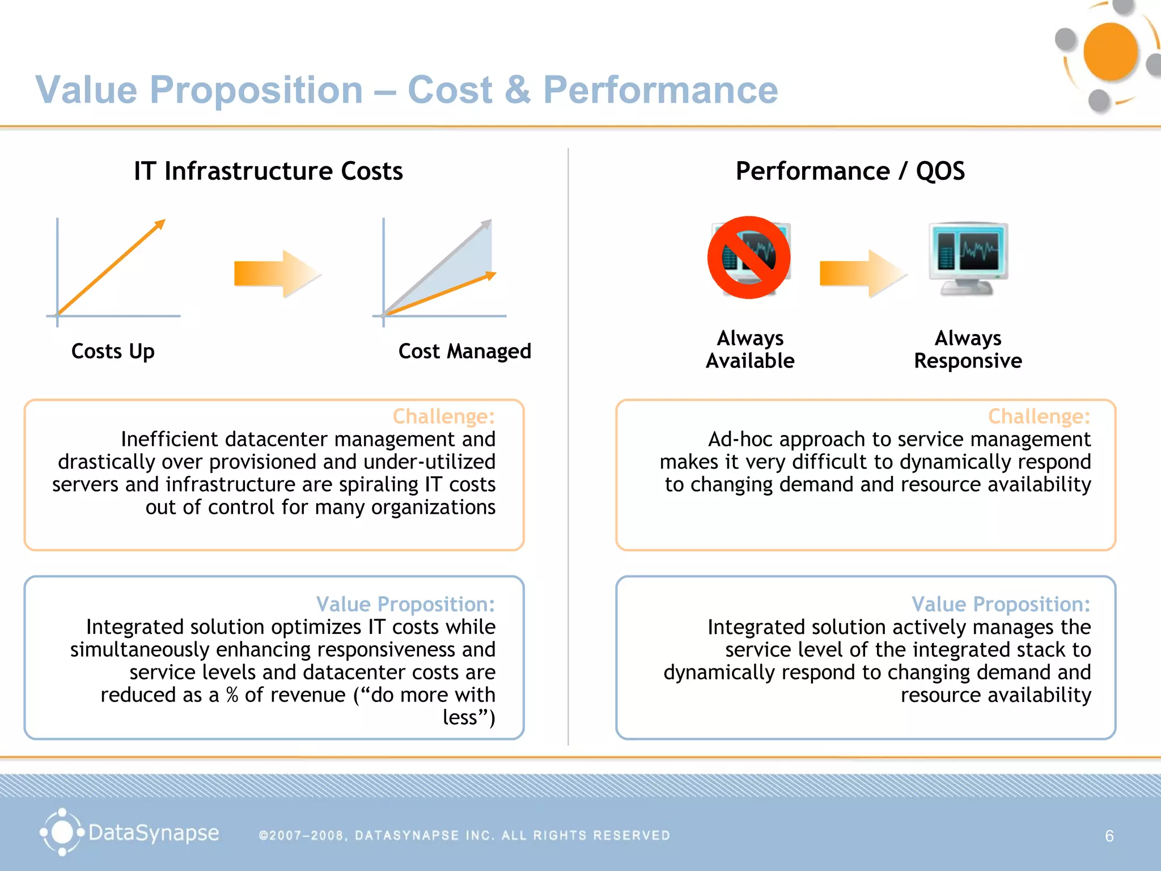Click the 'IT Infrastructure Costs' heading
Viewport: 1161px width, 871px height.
[268, 171]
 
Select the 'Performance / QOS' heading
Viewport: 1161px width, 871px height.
[850, 171]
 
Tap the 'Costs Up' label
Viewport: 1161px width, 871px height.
[113, 352]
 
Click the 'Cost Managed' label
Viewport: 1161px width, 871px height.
[464, 352]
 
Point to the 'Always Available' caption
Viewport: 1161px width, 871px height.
[749, 349]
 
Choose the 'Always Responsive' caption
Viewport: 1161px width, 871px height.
[968, 349]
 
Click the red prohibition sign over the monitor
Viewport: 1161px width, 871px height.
[748, 257]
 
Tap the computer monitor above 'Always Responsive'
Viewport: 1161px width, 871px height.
[968, 257]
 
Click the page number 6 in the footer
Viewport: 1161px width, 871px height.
[1109, 836]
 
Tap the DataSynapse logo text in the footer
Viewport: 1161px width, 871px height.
[153, 833]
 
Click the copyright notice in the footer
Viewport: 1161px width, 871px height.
[464, 835]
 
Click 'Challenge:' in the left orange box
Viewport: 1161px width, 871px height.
[443, 417]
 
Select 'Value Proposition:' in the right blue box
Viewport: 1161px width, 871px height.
[1001, 604]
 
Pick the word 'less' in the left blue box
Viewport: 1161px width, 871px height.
[460, 717]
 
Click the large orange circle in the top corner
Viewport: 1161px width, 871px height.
[1110, 52]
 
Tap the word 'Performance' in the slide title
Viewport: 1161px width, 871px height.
[660, 90]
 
